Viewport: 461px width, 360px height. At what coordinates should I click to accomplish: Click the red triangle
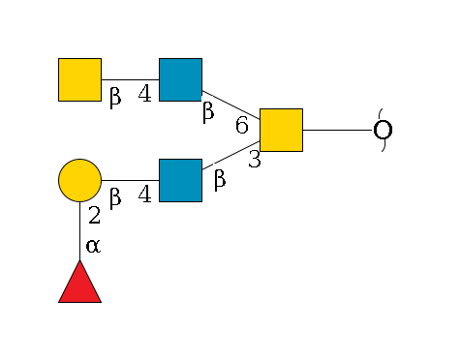coord(79,284)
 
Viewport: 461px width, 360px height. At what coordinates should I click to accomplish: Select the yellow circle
coord(79,180)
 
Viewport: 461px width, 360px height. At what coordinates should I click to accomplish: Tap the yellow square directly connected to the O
coord(281,130)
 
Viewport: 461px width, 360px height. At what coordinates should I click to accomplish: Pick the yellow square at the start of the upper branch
coord(79,79)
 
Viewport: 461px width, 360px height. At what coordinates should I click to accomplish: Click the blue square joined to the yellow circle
coord(180,180)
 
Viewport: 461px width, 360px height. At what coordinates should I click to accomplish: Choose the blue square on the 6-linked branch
coord(180,79)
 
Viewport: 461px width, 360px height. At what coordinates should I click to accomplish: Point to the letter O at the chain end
coord(384,131)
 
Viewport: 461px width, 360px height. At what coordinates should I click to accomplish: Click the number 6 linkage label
coord(242,125)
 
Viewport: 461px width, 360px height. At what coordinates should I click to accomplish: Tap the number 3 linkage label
coord(254,161)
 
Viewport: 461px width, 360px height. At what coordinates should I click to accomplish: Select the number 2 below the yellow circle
coord(94,216)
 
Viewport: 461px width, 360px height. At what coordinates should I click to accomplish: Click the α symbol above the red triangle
coord(93,246)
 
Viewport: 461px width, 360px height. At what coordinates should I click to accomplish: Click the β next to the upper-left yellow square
coord(114,97)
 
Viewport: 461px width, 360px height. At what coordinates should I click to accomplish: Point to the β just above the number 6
coord(207,112)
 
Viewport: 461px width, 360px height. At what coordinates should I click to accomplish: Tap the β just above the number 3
coord(219,180)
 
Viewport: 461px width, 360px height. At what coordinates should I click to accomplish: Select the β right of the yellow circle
coord(114,197)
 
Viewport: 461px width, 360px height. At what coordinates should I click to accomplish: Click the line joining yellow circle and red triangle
coord(79,232)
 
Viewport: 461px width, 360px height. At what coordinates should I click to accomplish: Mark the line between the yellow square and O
coord(339,130)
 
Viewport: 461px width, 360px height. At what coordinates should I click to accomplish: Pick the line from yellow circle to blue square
coord(130,180)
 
